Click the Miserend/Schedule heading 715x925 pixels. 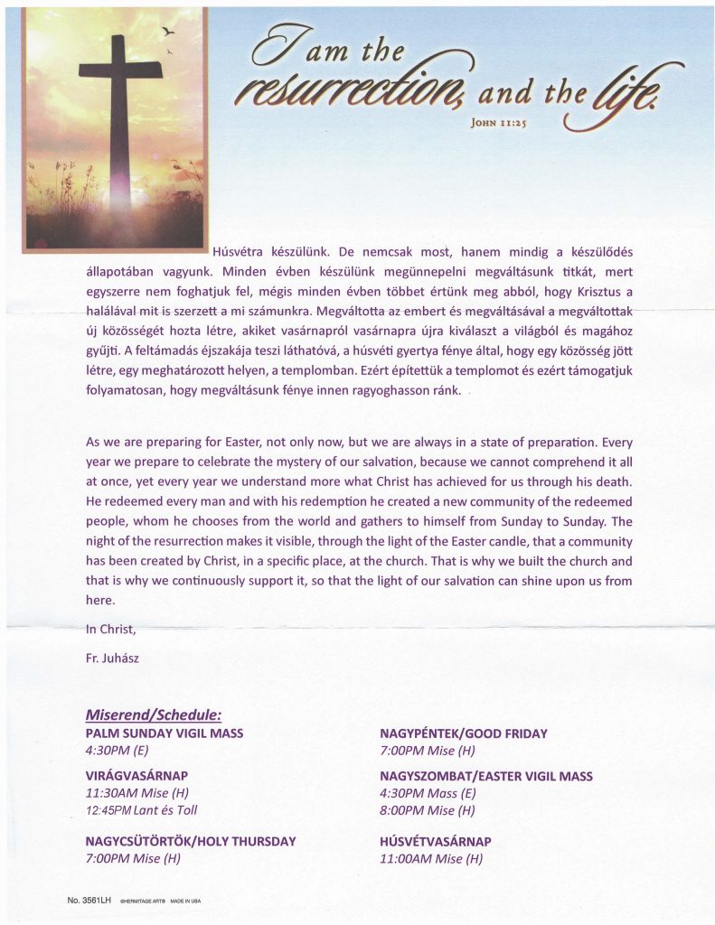[x=154, y=715]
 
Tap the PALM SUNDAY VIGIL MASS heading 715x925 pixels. [x=164, y=733]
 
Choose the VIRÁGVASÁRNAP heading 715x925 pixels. [x=136, y=776]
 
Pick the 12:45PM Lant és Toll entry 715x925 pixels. [x=141, y=810]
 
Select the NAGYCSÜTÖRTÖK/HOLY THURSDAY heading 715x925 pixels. [x=190, y=841]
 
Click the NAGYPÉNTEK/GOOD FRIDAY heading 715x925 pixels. [x=464, y=733]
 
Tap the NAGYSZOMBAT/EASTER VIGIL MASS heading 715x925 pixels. [x=486, y=776]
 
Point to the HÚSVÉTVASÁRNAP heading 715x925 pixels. [x=436, y=841]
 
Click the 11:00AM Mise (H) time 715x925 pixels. [x=431, y=858]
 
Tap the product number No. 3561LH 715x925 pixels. [x=89, y=901]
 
